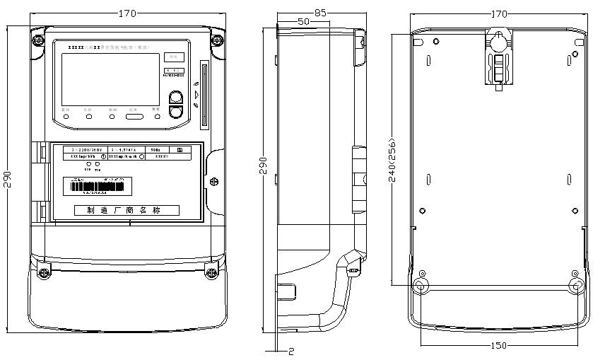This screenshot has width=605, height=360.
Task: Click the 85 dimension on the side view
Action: (x=320, y=13)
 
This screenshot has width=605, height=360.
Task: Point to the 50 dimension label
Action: (x=304, y=22)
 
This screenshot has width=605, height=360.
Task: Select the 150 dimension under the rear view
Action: (x=498, y=345)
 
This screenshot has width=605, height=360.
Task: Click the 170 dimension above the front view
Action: (x=127, y=13)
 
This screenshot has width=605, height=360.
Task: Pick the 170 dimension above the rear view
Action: (x=498, y=13)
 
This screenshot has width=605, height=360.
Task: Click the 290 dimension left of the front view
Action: (x=7, y=180)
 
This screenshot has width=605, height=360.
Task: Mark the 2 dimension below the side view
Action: (x=291, y=350)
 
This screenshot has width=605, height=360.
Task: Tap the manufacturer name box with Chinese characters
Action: (x=127, y=211)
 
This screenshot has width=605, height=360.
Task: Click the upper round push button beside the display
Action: (x=177, y=98)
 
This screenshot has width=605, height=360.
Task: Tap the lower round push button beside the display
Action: (x=177, y=111)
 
